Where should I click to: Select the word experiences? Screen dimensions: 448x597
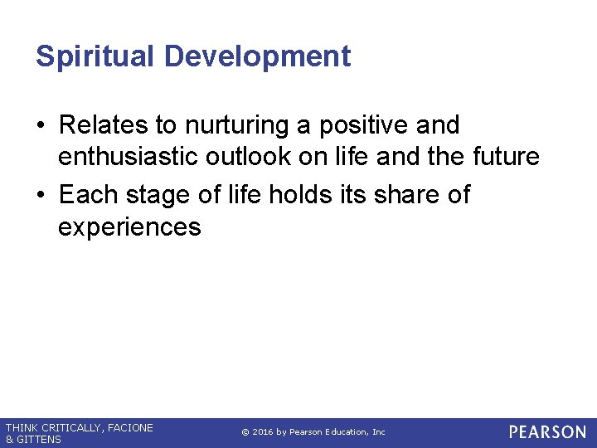pos(129,226)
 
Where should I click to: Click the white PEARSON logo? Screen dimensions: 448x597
pos(547,432)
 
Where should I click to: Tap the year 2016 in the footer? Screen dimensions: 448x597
pos(263,432)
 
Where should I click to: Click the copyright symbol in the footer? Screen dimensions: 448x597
pos(245,432)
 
